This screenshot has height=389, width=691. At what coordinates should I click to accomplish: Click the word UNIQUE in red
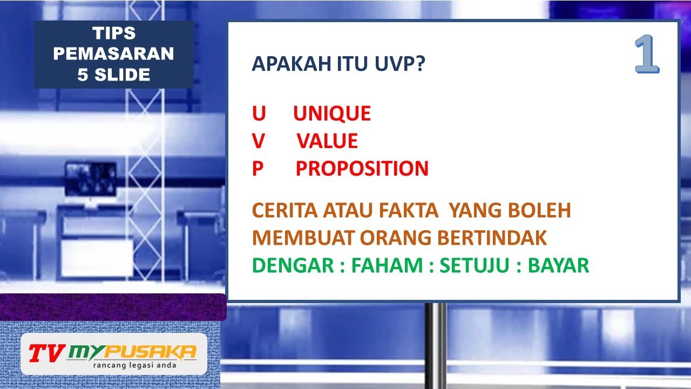pyautogui.click(x=332, y=113)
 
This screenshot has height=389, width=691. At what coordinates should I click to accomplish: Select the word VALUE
pyautogui.click(x=327, y=141)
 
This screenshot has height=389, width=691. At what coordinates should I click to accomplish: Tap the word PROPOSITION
pyautogui.click(x=362, y=169)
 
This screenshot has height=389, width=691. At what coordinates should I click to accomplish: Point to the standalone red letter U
pyautogui.click(x=259, y=113)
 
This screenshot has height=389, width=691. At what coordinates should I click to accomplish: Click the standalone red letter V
pyautogui.click(x=259, y=141)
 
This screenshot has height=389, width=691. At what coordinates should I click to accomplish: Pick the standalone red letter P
pyautogui.click(x=258, y=169)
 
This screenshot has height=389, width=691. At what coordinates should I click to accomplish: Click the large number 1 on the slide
pyautogui.click(x=647, y=55)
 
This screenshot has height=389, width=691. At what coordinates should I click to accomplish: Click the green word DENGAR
pyautogui.click(x=292, y=265)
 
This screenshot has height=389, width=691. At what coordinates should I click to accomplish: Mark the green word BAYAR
pyautogui.click(x=558, y=265)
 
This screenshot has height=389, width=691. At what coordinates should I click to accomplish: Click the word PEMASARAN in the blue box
pyautogui.click(x=114, y=54)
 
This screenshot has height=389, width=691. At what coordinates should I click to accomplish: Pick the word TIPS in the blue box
pyautogui.click(x=114, y=33)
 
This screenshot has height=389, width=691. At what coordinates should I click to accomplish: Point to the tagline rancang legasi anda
pyautogui.click(x=134, y=365)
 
